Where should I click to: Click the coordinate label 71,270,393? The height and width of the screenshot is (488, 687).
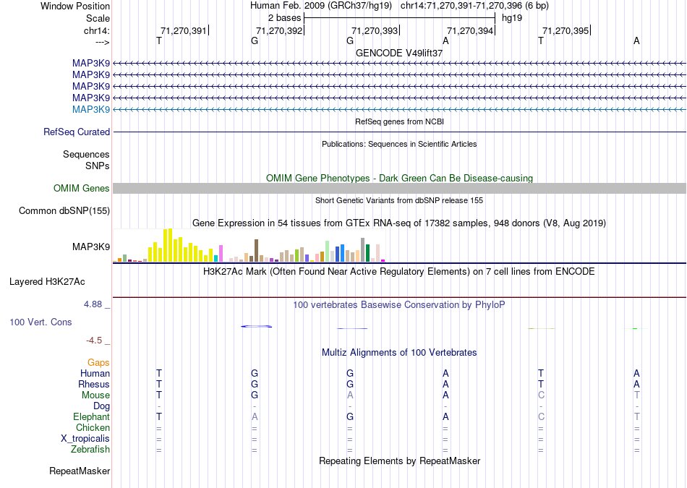[x=374, y=30]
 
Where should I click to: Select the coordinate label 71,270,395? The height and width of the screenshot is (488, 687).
[x=565, y=30]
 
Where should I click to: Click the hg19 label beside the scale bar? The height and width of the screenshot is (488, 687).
[x=511, y=17]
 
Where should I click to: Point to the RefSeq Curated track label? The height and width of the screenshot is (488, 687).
[x=77, y=132]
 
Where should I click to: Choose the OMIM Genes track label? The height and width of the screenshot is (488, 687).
[x=82, y=189]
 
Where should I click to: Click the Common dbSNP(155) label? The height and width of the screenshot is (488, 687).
[x=64, y=211]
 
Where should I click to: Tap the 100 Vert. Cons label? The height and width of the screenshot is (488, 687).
[x=40, y=322]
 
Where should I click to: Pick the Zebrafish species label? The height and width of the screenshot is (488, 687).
[x=90, y=450]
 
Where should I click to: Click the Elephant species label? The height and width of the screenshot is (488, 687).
[x=91, y=417]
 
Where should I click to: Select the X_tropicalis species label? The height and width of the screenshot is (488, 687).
[x=85, y=439]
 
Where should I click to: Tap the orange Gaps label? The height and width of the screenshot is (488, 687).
[x=98, y=362]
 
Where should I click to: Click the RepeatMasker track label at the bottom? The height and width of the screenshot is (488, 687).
[x=80, y=471]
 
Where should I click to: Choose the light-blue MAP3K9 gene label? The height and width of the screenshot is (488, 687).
[x=91, y=109]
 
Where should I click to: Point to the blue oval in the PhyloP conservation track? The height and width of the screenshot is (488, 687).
[x=257, y=327]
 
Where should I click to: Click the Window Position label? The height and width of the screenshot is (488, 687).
[x=75, y=6]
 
